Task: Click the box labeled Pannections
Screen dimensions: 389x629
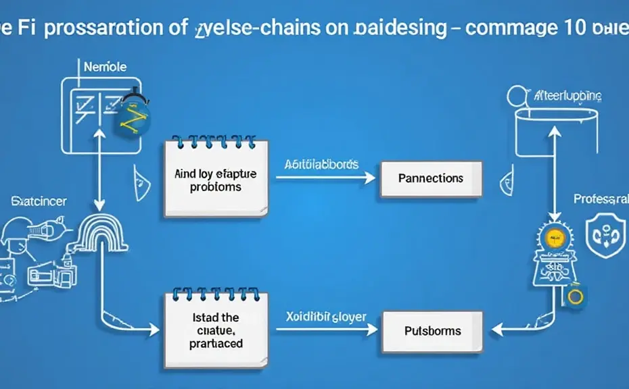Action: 431,178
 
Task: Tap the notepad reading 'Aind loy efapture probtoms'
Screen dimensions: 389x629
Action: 216,180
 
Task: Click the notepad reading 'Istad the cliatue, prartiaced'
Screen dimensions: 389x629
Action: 216,330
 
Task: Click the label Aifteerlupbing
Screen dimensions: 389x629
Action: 567,97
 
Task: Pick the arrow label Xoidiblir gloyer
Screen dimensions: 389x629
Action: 321,317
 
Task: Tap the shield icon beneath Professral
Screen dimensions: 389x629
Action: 601,235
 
